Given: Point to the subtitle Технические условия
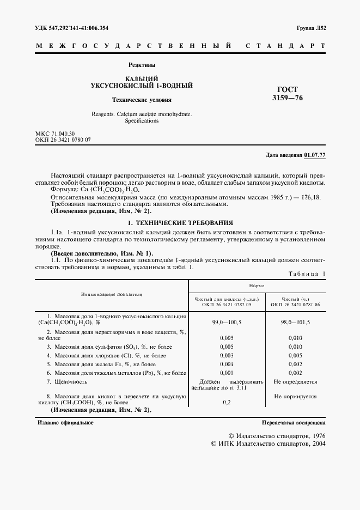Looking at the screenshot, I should tap(141, 100).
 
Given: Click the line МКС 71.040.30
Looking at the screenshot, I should tap(55, 133).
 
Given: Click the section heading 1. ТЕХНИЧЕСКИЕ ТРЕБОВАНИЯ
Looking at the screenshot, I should tap(180, 223).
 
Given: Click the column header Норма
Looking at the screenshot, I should tap(257, 285).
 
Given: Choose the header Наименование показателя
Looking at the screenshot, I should tap(111, 294).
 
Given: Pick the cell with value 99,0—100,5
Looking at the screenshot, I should tap(227, 323).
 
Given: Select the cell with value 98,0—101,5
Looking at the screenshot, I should tap(295, 323).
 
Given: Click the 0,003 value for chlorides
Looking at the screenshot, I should tap(227, 355).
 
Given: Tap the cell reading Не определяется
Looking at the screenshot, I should tap(295, 382).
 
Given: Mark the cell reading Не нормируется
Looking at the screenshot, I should tap(295, 397).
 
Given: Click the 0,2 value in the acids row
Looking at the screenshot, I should tap(227, 402).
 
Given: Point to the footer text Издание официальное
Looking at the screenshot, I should tap(65, 422).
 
